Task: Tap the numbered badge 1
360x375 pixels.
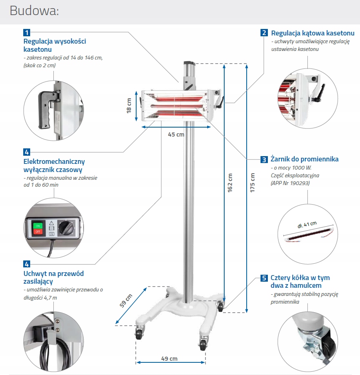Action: tap(27, 32)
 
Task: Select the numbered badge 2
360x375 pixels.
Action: tap(264, 33)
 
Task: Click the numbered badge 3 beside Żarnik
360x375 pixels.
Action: tap(264, 159)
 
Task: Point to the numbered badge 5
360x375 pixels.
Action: tap(264, 278)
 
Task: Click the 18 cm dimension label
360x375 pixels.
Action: tap(129, 106)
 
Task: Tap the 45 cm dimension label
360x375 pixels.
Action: tap(176, 135)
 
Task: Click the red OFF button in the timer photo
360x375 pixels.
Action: tap(38, 232)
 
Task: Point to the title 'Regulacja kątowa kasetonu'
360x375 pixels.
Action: tap(313, 33)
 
